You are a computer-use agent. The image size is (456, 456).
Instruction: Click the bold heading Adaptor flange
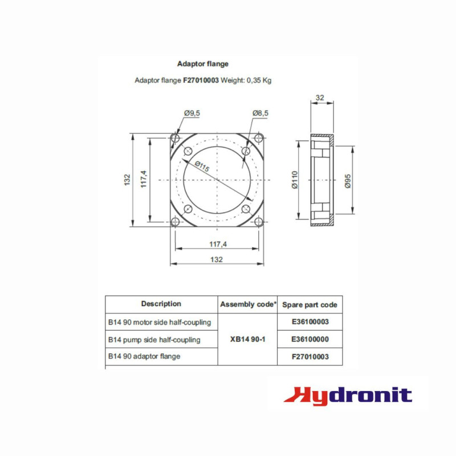click(203, 64)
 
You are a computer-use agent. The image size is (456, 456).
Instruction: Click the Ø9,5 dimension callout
click(192, 113)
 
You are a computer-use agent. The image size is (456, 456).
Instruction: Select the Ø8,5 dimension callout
click(260, 113)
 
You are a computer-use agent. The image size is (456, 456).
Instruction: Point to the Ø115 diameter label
click(202, 166)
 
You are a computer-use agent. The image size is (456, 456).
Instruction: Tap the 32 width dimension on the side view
click(320, 97)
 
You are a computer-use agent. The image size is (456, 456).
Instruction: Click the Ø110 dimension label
click(295, 180)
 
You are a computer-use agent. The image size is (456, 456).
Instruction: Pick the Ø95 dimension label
click(348, 181)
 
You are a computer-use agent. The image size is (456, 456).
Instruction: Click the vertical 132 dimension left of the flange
click(127, 180)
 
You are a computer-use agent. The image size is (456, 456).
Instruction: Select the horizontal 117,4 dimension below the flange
click(218, 245)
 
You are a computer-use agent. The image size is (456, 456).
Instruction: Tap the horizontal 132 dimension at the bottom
click(217, 259)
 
